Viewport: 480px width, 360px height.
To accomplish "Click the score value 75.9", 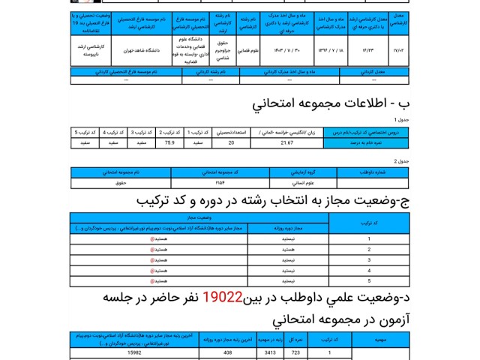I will (x=169, y=141).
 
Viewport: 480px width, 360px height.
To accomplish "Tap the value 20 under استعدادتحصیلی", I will (x=231, y=141).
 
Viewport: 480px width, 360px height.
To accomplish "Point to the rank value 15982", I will (x=134, y=352).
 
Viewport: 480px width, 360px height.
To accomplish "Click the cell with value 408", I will (x=226, y=352).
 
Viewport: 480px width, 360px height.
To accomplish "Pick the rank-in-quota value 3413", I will (x=271, y=352).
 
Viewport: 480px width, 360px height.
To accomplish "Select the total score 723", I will (x=295, y=352).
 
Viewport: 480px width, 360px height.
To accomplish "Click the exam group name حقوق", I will (x=121, y=182).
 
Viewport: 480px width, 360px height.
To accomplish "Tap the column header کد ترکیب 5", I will (x=86, y=131).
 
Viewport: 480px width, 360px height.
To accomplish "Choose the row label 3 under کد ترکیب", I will (x=369, y=260).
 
